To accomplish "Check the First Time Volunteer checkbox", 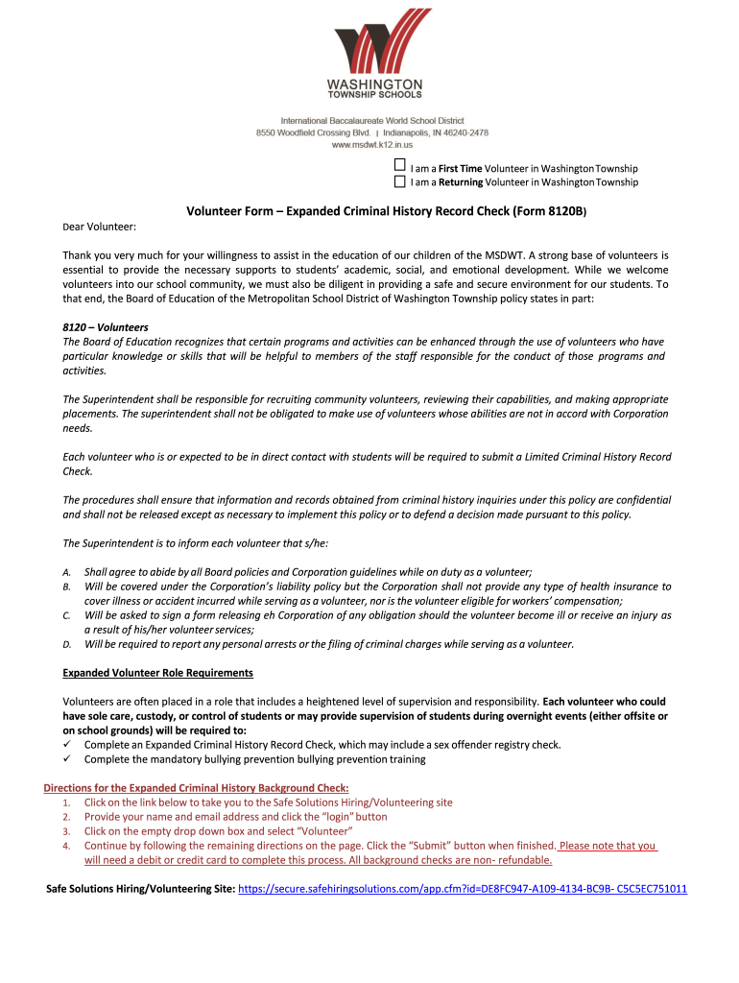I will (x=400, y=167).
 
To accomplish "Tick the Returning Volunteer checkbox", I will (x=400, y=181).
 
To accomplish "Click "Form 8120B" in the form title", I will (x=550, y=211).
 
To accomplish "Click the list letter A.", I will (x=66, y=571).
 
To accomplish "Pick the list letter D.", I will (x=66, y=644).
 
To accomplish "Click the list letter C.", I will (x=66, y=615).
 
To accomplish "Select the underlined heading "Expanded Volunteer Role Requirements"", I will (x=157, y=672).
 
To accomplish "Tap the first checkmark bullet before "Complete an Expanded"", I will (x=68, y=744).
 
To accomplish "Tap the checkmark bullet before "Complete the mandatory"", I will (x=68, y=759).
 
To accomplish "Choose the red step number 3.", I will (x=66, y=831).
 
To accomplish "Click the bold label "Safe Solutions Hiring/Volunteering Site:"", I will (x=140, y=889).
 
